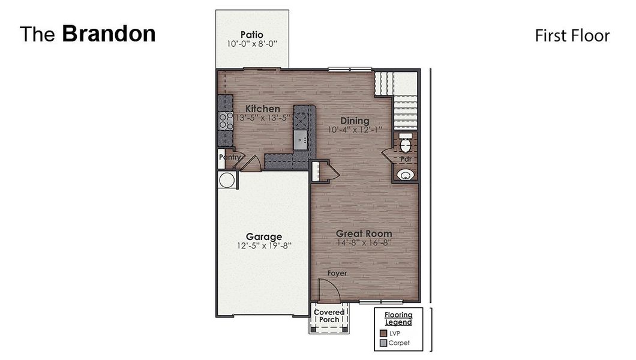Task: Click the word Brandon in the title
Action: pos(109,34)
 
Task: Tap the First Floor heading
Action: pos(572,36)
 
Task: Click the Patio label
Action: pos(252,35)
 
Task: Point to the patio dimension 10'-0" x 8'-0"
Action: pos(252,44)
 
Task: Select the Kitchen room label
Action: pos(262,109)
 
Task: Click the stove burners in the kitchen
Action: pos(226,121)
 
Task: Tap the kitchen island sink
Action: pos(301,141)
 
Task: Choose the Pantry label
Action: pos(229,157)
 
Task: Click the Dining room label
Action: pos(355,121)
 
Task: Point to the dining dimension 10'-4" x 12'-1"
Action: pos(355,130)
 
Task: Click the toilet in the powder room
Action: pos(406,145)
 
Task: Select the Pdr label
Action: pos(406,160)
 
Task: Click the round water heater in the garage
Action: pos(227,180)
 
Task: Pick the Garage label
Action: pos(263,236)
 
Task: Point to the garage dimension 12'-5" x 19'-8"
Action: pos(263,245)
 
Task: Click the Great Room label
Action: pos(364,233)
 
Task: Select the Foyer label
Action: pos(337,274)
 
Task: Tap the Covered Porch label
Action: pos(329,316)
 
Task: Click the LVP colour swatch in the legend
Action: pos(383,333)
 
